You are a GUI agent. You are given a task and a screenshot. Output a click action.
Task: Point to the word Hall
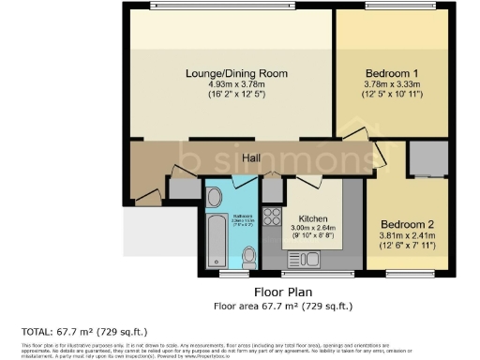(x=250, y=158)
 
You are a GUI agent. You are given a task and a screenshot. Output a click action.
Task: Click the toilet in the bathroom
(x=247, y=256)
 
